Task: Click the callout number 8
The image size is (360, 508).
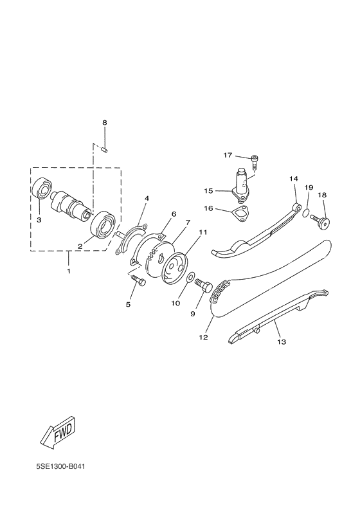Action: tap(104, 123)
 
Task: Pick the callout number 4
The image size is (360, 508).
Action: tap(147, 199)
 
